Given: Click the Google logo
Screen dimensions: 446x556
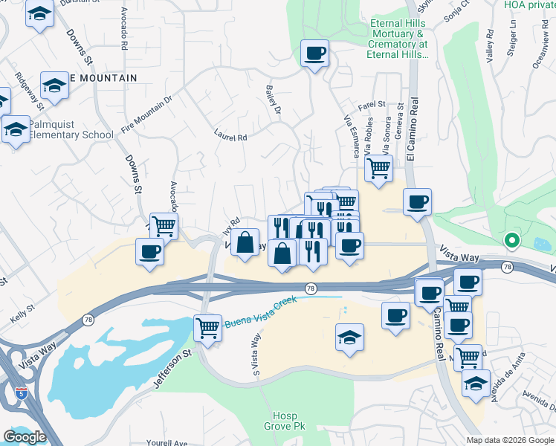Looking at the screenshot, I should (25, 437).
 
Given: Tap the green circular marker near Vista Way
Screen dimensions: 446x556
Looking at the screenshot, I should (511, 240).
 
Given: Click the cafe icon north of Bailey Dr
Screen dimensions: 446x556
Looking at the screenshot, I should (314, 53).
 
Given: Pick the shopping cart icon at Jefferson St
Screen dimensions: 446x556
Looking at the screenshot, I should (207, 326).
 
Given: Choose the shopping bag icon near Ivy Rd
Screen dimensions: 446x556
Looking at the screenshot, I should (244, 242).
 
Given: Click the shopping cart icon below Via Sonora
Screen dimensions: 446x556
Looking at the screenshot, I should (379, 169).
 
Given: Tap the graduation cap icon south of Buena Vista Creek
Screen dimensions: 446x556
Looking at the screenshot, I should (349, 337).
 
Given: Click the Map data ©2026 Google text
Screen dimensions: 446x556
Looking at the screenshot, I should (510, 440).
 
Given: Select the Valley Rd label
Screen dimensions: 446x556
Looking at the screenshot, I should (489, 46).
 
